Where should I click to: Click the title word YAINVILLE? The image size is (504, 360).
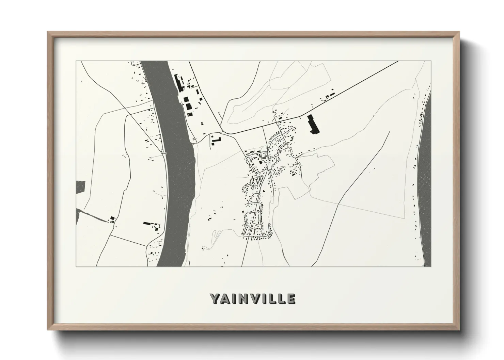[252, 298]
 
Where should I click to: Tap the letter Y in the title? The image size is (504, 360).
[215, 298]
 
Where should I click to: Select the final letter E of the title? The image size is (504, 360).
[291, 298]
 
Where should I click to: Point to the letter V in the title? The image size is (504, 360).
[254, 298]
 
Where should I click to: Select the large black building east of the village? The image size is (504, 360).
[313, 124]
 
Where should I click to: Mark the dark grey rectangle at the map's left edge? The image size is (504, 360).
[80, 187]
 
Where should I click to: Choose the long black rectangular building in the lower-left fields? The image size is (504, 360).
[147, 224]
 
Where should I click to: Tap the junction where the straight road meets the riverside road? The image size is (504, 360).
[221, 132]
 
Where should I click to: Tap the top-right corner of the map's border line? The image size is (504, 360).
[431, 61]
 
